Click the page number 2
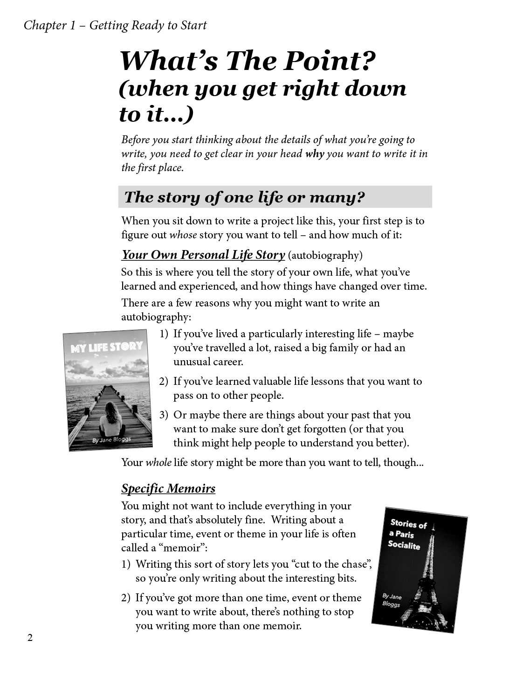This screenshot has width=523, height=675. coord(30,638)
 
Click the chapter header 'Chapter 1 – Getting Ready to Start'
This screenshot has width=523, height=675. coord(115,25)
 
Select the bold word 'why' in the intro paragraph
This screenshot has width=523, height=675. coord(315,154)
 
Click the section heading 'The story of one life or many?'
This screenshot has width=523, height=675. coord(244,197)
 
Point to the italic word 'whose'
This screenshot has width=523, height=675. coord(183,235)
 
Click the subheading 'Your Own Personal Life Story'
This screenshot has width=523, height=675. coord(203,255)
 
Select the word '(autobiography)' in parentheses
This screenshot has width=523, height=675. coord(325,256)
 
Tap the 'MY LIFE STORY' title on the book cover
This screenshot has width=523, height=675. coord(106,348)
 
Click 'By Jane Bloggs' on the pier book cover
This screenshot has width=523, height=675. coord(112,440)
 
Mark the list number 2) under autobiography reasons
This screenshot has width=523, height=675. coord(164,382)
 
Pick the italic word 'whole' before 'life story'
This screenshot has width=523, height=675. coord(158,463)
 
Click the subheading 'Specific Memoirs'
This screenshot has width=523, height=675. coord(168,489)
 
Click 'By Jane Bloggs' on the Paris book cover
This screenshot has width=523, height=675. coord(392,600)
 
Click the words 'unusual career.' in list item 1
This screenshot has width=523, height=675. coord(208,362)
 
